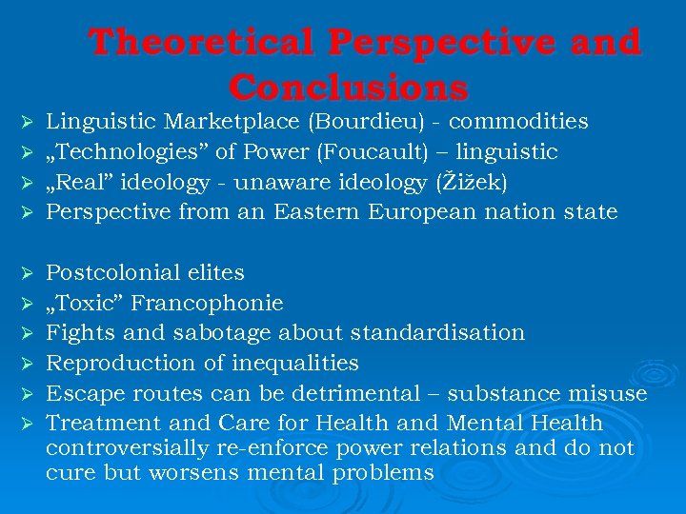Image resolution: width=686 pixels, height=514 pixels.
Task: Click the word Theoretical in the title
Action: tap(200, 43)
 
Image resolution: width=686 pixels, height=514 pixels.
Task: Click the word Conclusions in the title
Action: tap(349, 88)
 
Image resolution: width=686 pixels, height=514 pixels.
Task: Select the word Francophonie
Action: tap(207, 304)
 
